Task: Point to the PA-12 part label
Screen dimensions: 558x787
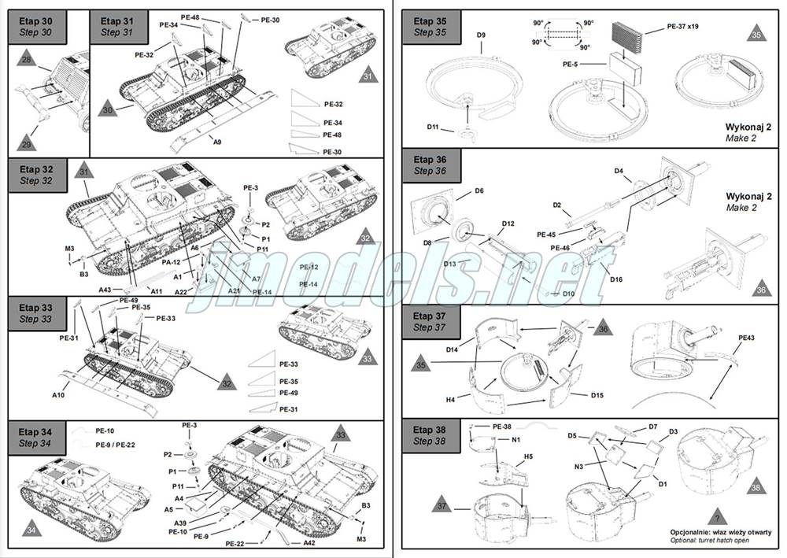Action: coord(172,261)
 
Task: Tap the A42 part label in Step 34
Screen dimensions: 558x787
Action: coord(311,542)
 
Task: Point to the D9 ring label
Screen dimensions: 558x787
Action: coord(481,35)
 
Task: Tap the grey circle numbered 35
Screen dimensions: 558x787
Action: coord(756,34)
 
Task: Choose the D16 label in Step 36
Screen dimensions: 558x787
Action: coord(616,279)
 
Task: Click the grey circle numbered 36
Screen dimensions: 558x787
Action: coord(760,290)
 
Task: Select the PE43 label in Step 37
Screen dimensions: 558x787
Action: coord(746,338)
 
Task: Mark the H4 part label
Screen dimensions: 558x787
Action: coord(451,400)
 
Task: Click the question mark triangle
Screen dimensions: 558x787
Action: coord(715,517)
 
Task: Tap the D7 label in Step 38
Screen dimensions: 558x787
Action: coord(652,427)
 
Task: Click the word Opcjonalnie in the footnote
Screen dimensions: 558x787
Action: coord(693,531)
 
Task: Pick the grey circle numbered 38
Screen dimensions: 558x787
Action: coord(756,488)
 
